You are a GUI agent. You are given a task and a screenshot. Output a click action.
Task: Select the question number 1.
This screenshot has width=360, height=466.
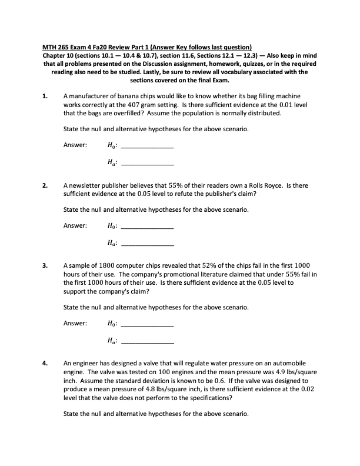pos(45,94)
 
